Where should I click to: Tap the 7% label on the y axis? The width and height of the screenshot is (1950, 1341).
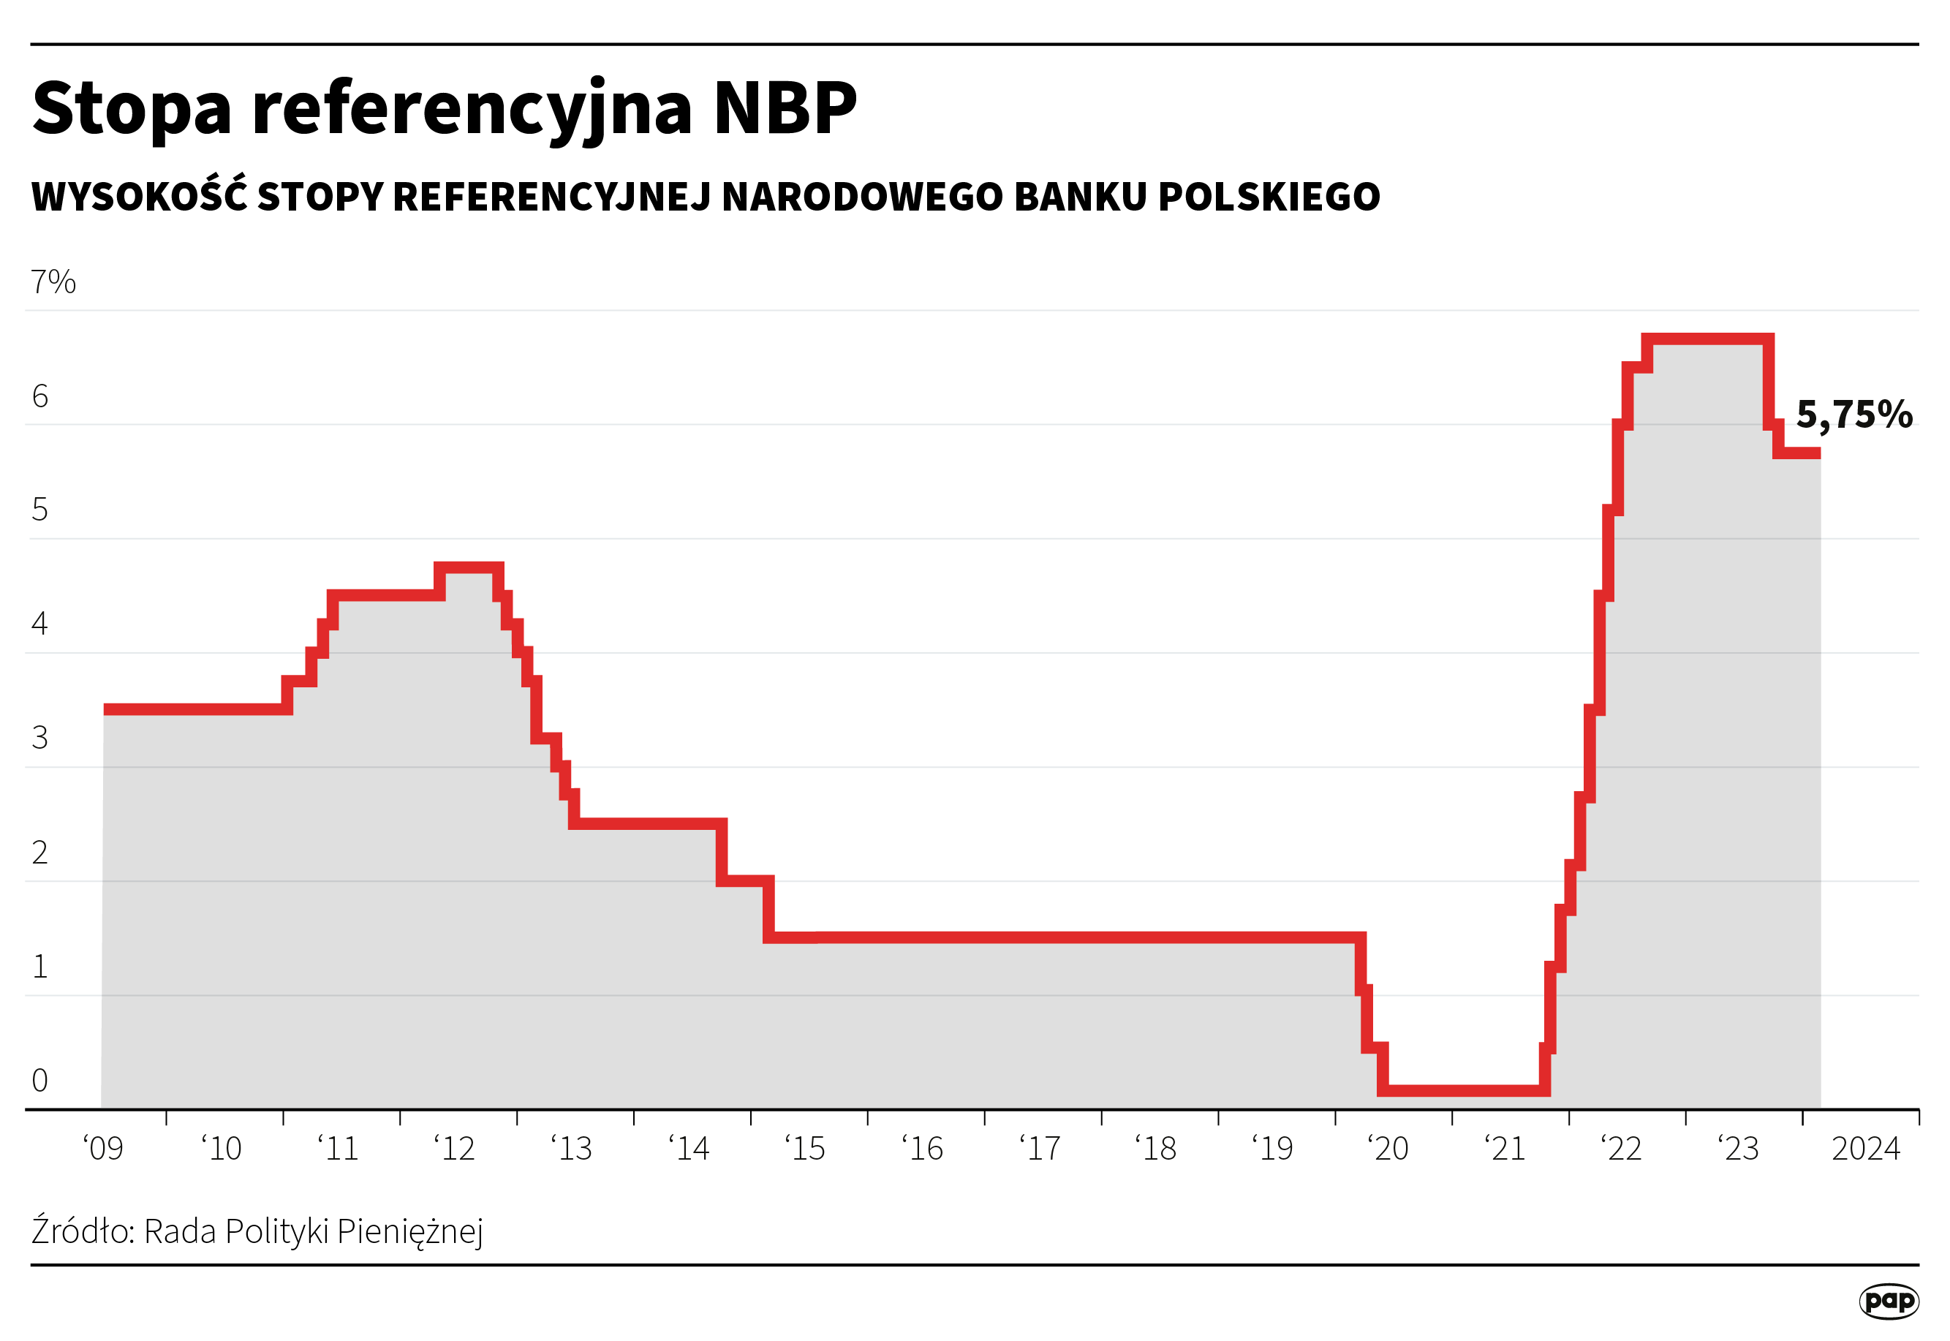(x=53, y=282)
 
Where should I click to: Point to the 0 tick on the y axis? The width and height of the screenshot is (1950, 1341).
(x=39, y=1081)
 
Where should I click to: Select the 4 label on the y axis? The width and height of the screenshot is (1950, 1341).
(x=39, y=624)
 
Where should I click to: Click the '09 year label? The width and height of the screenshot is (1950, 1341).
(x=103, y=1149)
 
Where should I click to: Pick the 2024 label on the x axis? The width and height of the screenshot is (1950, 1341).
(x=1865, y=1149)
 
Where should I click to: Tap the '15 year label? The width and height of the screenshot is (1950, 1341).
(x=806, y=1149)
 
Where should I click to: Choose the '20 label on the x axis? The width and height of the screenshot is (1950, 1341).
(x=1388, y=1149)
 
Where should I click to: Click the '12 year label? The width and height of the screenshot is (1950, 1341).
(x=455, y=1149)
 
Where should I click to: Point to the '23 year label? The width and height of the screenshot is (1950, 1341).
(x=1738, y=1149)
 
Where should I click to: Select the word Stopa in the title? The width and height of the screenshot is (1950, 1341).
(x=132, y=109)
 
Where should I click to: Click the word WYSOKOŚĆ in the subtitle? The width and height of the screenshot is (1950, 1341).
(x=140, y=196)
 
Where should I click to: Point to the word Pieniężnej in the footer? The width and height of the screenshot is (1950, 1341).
(x=409, y=1233)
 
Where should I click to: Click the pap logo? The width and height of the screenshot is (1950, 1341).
(x=1889, y=1302)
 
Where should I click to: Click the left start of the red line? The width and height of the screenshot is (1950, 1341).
(x=107, y=710)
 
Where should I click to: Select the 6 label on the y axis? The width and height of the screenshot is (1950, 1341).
(x=39, y=396)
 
